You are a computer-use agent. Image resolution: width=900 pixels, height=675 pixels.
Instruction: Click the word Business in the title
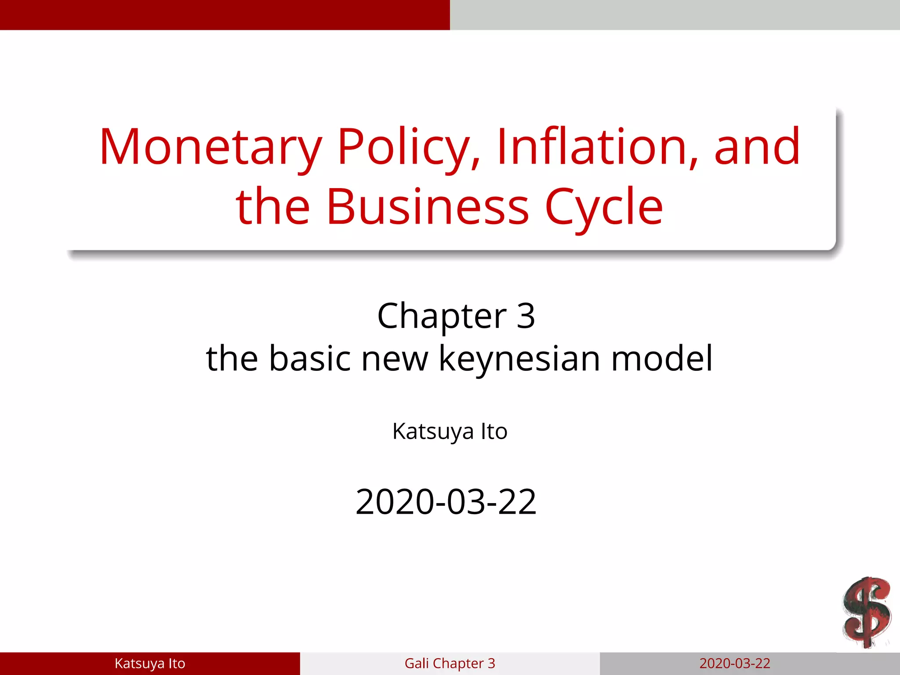point(428,207)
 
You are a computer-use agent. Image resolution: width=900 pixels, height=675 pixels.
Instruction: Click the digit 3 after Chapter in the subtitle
point(526,316)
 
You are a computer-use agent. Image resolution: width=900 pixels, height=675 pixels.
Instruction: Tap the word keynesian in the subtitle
point(520,359)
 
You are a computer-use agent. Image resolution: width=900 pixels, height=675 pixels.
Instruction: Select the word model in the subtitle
point(662,358)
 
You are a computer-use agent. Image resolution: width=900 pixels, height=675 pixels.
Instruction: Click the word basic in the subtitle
point(310,358)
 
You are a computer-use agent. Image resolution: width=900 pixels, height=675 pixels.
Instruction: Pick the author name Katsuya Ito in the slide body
point(450,431)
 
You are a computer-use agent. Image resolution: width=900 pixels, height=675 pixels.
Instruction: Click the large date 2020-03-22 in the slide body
point(446,502)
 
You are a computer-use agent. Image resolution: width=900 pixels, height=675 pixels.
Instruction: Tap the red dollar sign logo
point(866,613)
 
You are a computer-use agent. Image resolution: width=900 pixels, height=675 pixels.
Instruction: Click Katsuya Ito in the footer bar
point(150,663)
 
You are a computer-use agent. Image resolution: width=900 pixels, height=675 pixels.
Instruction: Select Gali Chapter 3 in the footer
point(450,663)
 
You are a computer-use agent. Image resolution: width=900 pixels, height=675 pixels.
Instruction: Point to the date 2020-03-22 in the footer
point(735,663)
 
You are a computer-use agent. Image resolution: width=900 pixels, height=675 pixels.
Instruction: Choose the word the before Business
point(273,207)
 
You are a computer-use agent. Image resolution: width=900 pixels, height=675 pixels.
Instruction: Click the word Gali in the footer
point(416,663)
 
